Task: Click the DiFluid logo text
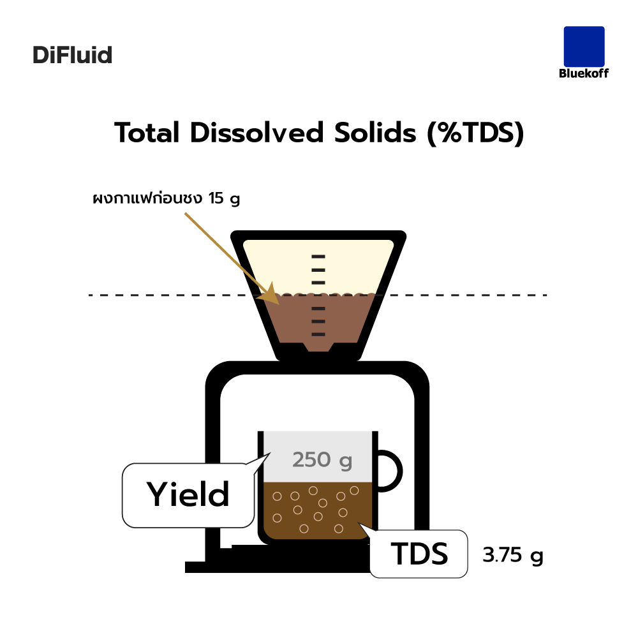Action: tap(73, 55)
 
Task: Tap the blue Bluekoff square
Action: tap(584, 47)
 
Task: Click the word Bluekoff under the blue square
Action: tap(584, 73)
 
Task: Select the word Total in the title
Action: tap(147, 133)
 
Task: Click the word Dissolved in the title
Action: tap(256, 133)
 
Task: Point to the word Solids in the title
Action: tap(375, 133)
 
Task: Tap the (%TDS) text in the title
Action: tap(476, 133)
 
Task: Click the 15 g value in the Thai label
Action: tap(224, 198)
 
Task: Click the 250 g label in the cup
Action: tap(322, 460)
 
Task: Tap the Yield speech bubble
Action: tap(188, 495)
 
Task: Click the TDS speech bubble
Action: tap(419, 553)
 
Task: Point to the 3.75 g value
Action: tap(513, 556)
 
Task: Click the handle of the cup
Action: tap(399, 471)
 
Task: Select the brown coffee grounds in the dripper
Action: tap(317, 320)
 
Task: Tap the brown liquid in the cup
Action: tap(318, 510)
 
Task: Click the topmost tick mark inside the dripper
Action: tap(318, 256)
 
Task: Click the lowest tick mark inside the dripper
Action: tap(318, 334)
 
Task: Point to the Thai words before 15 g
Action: tap(148, 198)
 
